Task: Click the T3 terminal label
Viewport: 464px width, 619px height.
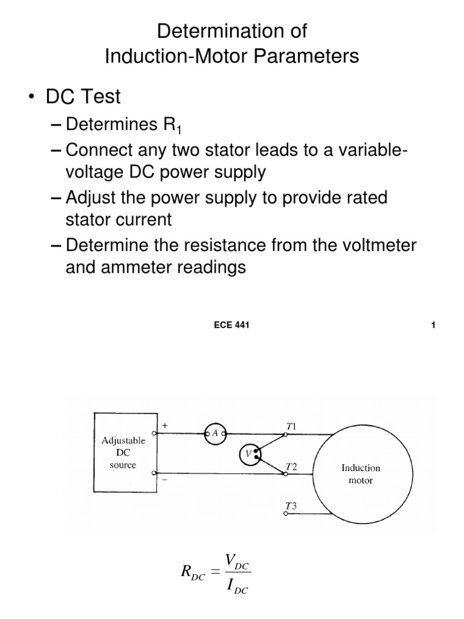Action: [x=291, y=506]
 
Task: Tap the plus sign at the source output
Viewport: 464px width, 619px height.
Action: [x=164, y=426]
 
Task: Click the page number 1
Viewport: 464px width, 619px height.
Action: [x=433, y=326]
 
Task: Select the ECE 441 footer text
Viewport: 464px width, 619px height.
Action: [x=232, y=326]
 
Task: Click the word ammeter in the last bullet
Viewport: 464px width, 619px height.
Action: [x=142, y=267]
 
